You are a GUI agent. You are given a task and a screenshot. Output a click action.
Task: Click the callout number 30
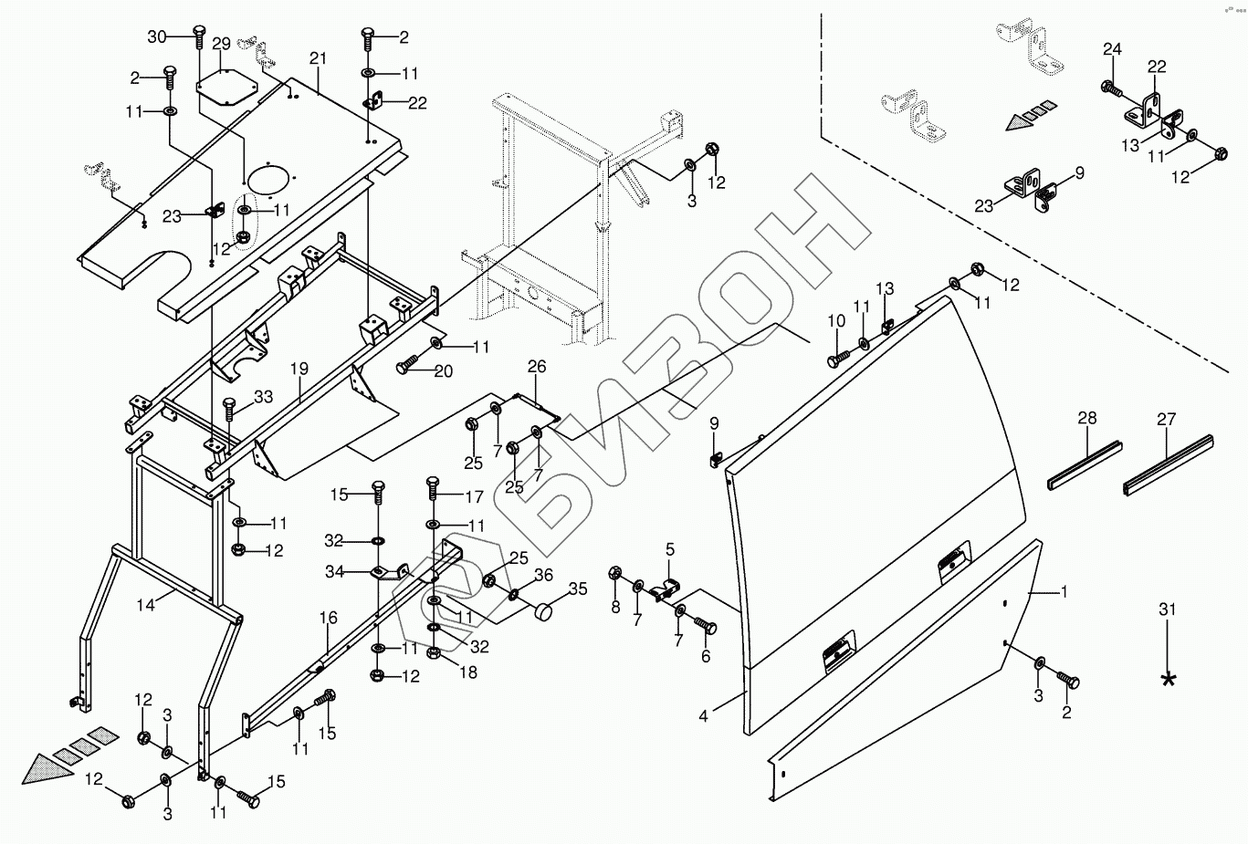click(x=157, y=36)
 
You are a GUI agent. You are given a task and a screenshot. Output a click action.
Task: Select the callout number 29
click(x=221, y=44)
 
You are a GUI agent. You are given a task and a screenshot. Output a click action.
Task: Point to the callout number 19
click(x=299, y=370)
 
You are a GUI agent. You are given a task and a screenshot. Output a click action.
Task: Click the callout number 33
click(x=263, y=398)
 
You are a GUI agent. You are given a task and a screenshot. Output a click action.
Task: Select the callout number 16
click(x=329, y=619)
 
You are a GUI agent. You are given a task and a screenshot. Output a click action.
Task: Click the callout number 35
click(x=578, y=589)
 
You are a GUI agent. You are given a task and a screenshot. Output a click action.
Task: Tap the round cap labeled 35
click(x=545, y=612)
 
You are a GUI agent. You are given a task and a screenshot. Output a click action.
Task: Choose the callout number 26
click(x=537, y=367)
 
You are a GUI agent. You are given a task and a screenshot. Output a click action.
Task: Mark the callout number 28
click(x=1086, y=419)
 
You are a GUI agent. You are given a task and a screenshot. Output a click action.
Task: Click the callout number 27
click(x=1167, y=420)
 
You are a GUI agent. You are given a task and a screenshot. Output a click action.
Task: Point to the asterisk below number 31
click(x=1168, y=679)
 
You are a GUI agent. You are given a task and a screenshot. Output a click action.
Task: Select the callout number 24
click(x=1111, y=49)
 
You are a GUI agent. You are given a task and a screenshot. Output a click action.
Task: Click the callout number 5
click(x=669, y=549)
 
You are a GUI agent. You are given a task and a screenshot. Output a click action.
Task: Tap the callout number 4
click(x=703, y=717)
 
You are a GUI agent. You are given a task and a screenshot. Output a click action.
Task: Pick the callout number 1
click(x=1063, y=592)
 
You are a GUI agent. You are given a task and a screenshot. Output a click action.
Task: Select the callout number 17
click(x=474, y=498)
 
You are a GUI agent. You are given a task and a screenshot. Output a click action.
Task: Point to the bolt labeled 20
click(x=406, y=367)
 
